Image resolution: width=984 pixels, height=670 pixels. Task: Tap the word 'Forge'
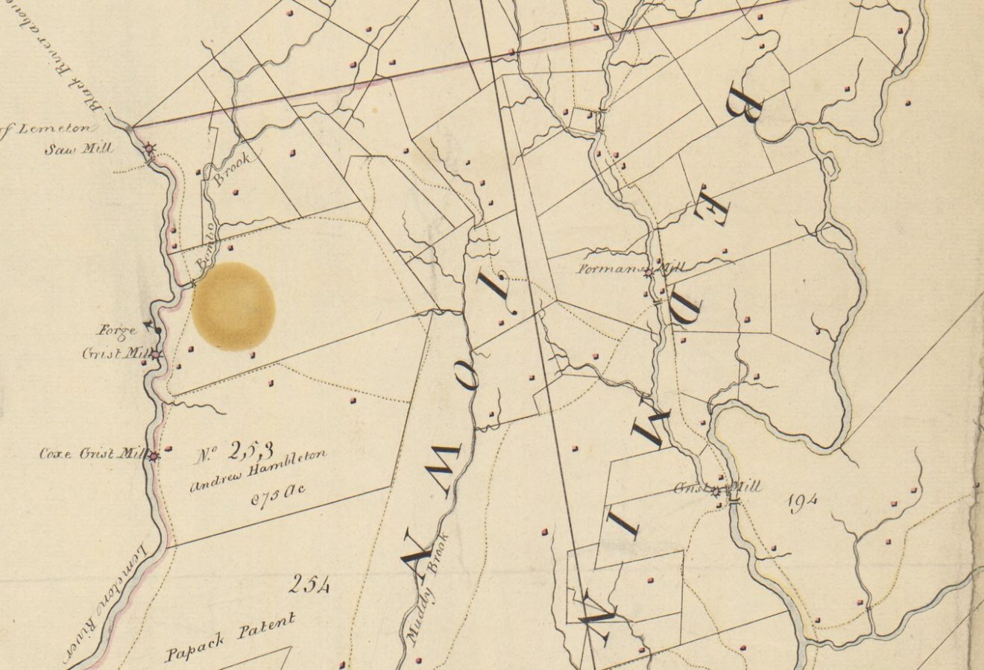tap(116, 331)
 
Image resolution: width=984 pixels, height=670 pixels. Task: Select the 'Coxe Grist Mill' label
tap(92, 453)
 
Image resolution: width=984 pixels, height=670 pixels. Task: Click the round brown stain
tap(234, 306)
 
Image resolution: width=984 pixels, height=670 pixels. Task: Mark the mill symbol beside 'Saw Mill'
tap(150, 149)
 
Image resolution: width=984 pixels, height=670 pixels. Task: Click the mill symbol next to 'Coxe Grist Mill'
tap(154, 456)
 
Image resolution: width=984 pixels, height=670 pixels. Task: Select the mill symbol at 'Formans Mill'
tap(649, 272)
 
